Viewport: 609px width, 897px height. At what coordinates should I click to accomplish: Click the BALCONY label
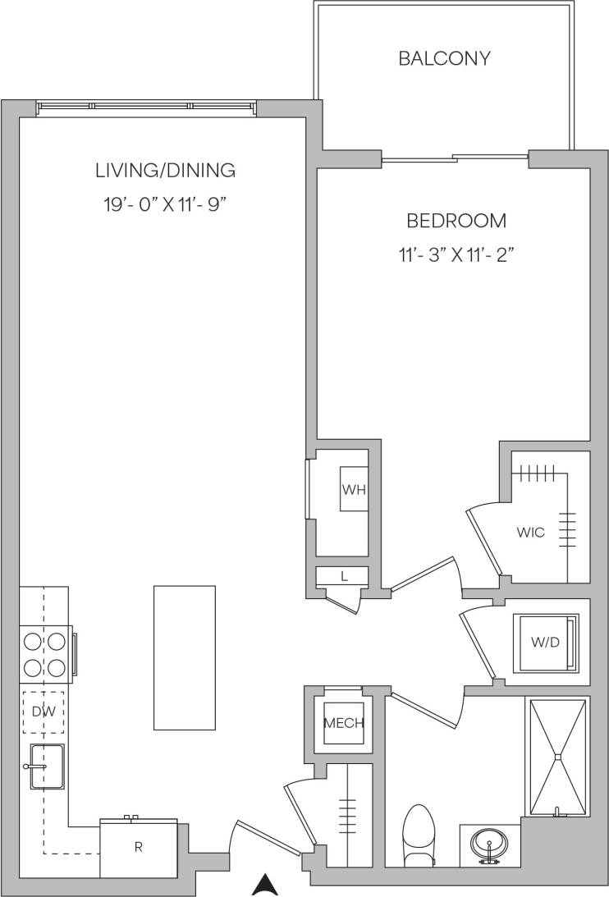(444, 58)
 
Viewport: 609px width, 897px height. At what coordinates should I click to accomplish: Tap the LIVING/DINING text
(165, 171)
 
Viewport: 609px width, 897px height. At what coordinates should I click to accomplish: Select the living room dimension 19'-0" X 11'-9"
(165, 204)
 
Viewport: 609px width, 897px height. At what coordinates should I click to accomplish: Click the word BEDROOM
(456, 221)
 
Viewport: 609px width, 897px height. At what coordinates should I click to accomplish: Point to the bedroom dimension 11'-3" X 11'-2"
(456, 254)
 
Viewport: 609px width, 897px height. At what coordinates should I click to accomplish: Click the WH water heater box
(354, 490)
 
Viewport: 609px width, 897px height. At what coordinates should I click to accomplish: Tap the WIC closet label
(530, 532)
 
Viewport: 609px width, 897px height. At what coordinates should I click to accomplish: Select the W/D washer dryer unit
(546, 643)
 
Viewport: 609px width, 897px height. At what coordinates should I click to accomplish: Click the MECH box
(343, 723)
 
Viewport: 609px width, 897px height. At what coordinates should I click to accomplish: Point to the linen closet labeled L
(344, 576)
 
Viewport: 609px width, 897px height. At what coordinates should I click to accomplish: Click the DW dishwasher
(43, 712)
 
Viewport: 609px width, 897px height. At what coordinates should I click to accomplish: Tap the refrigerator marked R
(139, 848)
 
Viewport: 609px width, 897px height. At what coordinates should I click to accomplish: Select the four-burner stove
(44, 654)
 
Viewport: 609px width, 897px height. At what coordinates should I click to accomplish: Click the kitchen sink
(46, 767)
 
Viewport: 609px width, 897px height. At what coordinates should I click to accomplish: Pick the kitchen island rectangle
(185, 657)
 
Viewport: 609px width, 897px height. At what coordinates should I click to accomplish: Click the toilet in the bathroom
(419, 833)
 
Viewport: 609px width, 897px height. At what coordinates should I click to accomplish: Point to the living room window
(146, 106)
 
